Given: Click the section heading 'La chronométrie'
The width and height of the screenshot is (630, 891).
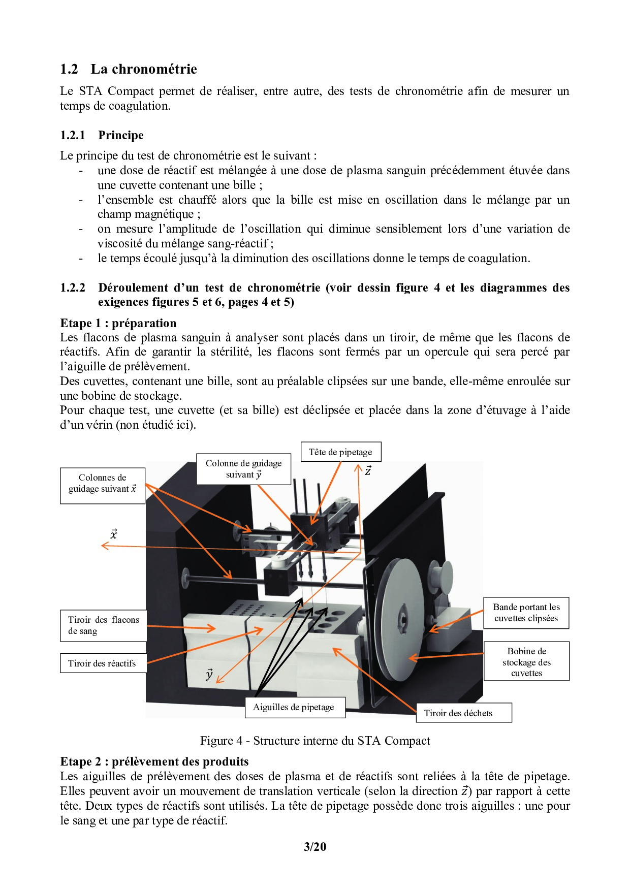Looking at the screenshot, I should (x=143, y=69).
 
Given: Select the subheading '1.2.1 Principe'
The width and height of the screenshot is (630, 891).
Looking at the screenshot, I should (x=102, y=135).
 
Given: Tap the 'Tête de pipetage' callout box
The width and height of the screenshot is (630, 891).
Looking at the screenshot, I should (x=340, y=452).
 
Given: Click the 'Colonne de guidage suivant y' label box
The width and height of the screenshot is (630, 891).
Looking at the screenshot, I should (x=243, y=469).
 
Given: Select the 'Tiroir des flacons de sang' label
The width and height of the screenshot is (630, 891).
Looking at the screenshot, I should (x=104, y=625).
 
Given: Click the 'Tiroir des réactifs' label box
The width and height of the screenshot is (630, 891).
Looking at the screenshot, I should (x=103, y=663).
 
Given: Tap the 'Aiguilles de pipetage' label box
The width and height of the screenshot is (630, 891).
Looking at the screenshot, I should (x=294, y=707).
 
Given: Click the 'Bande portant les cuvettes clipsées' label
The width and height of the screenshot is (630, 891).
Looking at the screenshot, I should (x=526, y=613).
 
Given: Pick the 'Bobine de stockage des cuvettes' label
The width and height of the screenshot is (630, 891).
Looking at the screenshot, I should (x=526, y=662).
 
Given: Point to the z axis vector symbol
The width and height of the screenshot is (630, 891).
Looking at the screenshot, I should (x=368, y=471).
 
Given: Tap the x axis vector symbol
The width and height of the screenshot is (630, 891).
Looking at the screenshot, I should (x=114, y=534).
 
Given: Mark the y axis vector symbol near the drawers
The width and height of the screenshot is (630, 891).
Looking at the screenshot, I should (x=209, y=674).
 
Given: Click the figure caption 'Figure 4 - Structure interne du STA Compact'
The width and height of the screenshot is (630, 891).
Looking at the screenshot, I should (x=315, y=741).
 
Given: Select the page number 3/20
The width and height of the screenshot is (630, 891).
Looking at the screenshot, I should (x=315, y=847).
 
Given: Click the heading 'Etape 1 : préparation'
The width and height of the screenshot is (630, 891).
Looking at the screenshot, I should (x=118, y=323).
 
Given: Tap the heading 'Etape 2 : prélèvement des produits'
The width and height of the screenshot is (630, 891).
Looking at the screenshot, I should (x=154, y=761).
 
